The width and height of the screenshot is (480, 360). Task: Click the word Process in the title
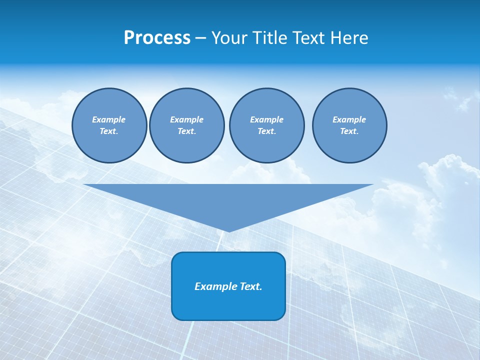[x=157, y=38]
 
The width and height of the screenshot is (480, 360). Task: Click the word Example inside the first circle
[x=109, y=119]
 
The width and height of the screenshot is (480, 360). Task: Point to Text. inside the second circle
[x=186, y=131]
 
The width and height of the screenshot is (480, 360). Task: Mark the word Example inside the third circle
[x=266, y=119]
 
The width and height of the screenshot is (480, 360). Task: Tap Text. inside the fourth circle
[x=349, y=131]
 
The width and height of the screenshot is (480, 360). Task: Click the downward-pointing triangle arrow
[x=228, y=200]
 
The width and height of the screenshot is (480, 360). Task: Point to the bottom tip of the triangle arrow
[x=228, y=230]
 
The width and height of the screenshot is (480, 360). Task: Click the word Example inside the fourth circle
[x=349, y=119]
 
